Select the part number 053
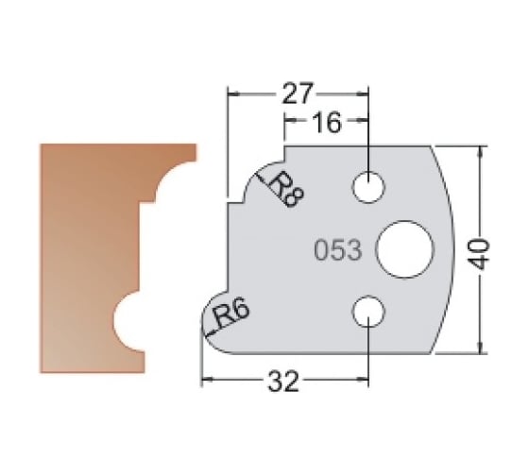336,250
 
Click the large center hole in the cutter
403,249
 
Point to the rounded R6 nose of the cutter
210,326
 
